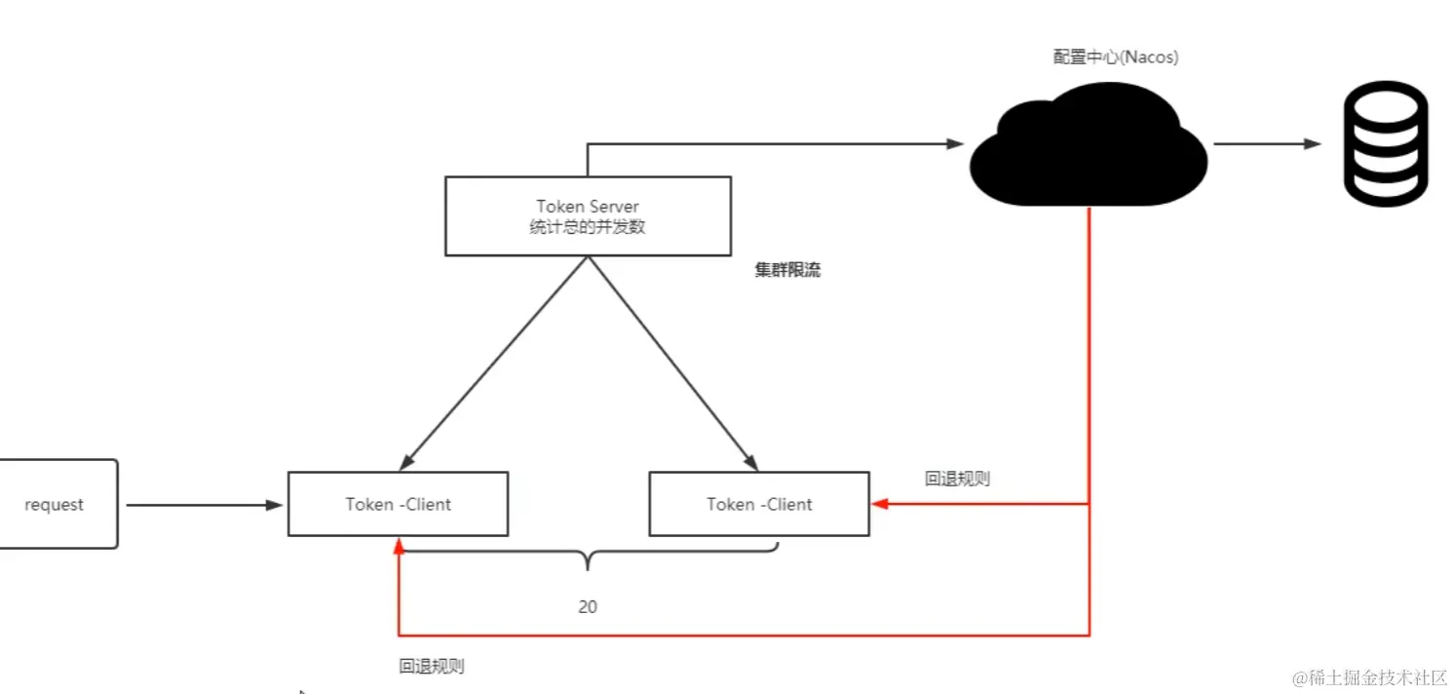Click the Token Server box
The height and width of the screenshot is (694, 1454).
tap(588, 215)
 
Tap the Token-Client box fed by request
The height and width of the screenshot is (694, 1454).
tap(398, 504)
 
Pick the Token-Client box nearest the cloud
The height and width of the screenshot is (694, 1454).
tap(759, 504)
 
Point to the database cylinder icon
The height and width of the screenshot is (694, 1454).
tap(1385, 143)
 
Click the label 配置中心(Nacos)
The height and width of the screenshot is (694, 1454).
tap(1116, 58)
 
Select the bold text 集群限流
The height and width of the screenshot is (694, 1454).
tap(787, 270)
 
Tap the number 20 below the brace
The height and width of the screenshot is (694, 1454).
tap(588, 606)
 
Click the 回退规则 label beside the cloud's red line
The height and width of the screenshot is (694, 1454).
tap(958, 479)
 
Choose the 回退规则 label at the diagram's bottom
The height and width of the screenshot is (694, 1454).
tap(432, 667)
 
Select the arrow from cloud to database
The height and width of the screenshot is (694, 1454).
tap(1267, 144)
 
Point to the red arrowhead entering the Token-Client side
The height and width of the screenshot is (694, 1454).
tap(878, 504)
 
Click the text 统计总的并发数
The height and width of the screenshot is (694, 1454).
tap(588, 227)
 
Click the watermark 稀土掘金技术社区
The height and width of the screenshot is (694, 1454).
tap(1369, 676)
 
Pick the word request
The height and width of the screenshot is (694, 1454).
tap(55, 505)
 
